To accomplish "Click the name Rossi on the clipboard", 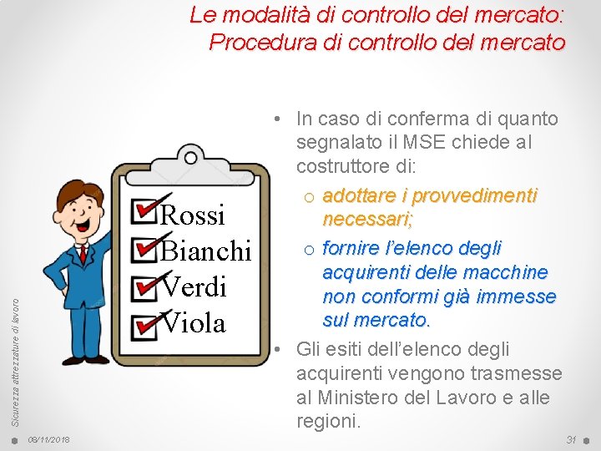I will click(x=192, y=215).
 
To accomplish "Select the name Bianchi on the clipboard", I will click(x=205, y=251).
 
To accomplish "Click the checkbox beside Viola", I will click(x=144, y=320).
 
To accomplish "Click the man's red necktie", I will click(x=83, y=253).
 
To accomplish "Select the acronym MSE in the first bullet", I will click(x=405, y=143).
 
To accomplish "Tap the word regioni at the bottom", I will click(x=328, y=421).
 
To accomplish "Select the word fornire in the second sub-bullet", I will click(x=350, y=248).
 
